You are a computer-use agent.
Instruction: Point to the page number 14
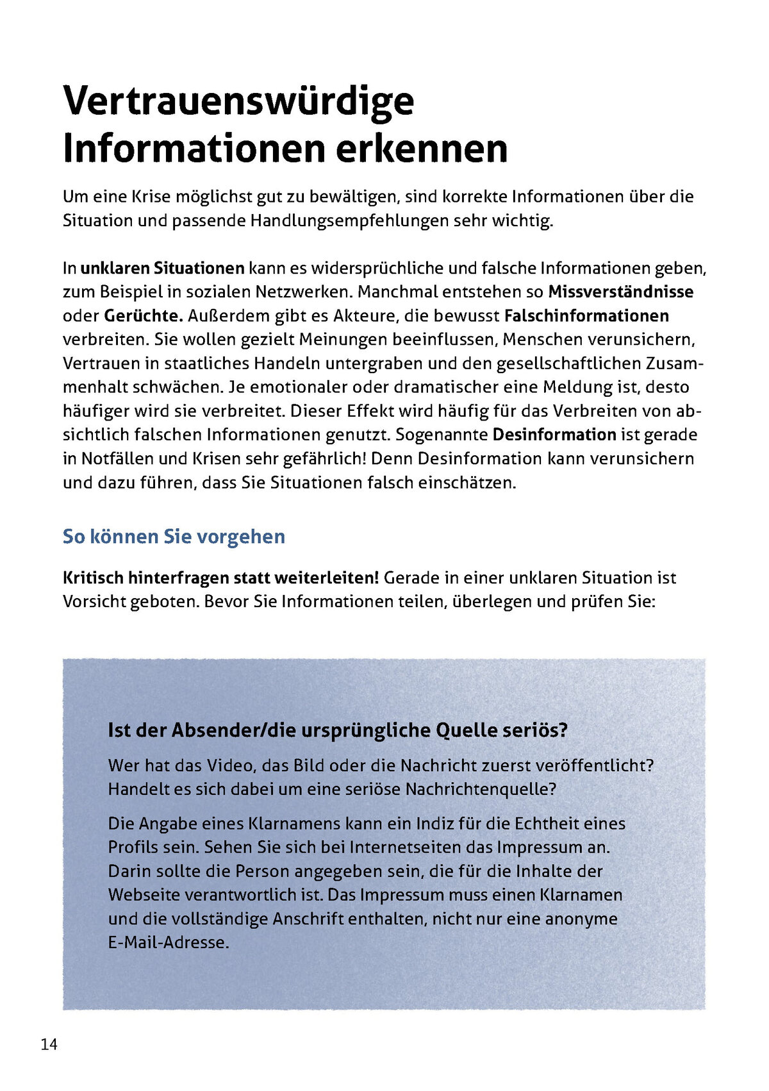[49, 1045]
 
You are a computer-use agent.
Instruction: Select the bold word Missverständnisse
[620, 292]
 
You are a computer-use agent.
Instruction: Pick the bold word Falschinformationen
[586, 316]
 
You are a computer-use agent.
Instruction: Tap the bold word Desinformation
[554, 435]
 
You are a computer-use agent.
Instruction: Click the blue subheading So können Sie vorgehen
[174, 537]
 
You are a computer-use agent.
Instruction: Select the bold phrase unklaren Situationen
[163, 268]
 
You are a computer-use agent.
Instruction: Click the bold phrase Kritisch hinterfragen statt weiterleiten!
[221, 578]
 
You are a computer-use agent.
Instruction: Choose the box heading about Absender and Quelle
[338, 730]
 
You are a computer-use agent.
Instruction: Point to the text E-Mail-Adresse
[169, 943]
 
